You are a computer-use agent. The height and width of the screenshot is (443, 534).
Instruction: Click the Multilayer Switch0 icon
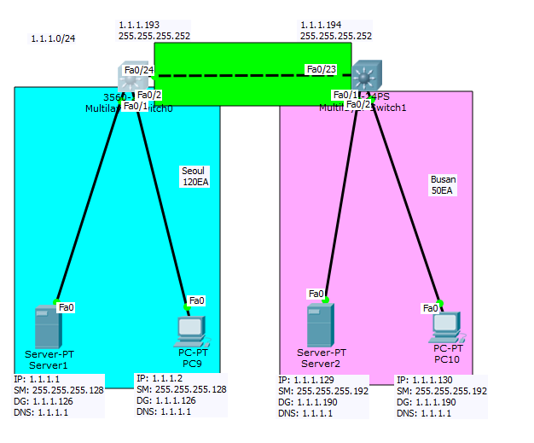pyautogui.click(x=135, y=79)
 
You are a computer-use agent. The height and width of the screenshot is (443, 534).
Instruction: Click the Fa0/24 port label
pyautogui.click(x=138, y=70)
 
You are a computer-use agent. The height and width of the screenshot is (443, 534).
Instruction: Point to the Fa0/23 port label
pyautogui.click(x=322, y=70)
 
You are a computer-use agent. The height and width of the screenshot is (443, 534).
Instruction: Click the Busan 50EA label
pyautogui.click(x=443, y=184)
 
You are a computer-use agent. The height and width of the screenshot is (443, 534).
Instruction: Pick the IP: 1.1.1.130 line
pyautogui.click(x=428, y=380)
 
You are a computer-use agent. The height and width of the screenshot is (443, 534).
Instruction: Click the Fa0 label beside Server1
pyautogui.click(x=66, y=307)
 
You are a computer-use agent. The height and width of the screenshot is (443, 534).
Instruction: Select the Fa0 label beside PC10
pyautogui.click(x=432, y=307)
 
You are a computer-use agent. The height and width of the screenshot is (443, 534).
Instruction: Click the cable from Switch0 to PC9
pyautogui.click(x=162, y=196)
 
